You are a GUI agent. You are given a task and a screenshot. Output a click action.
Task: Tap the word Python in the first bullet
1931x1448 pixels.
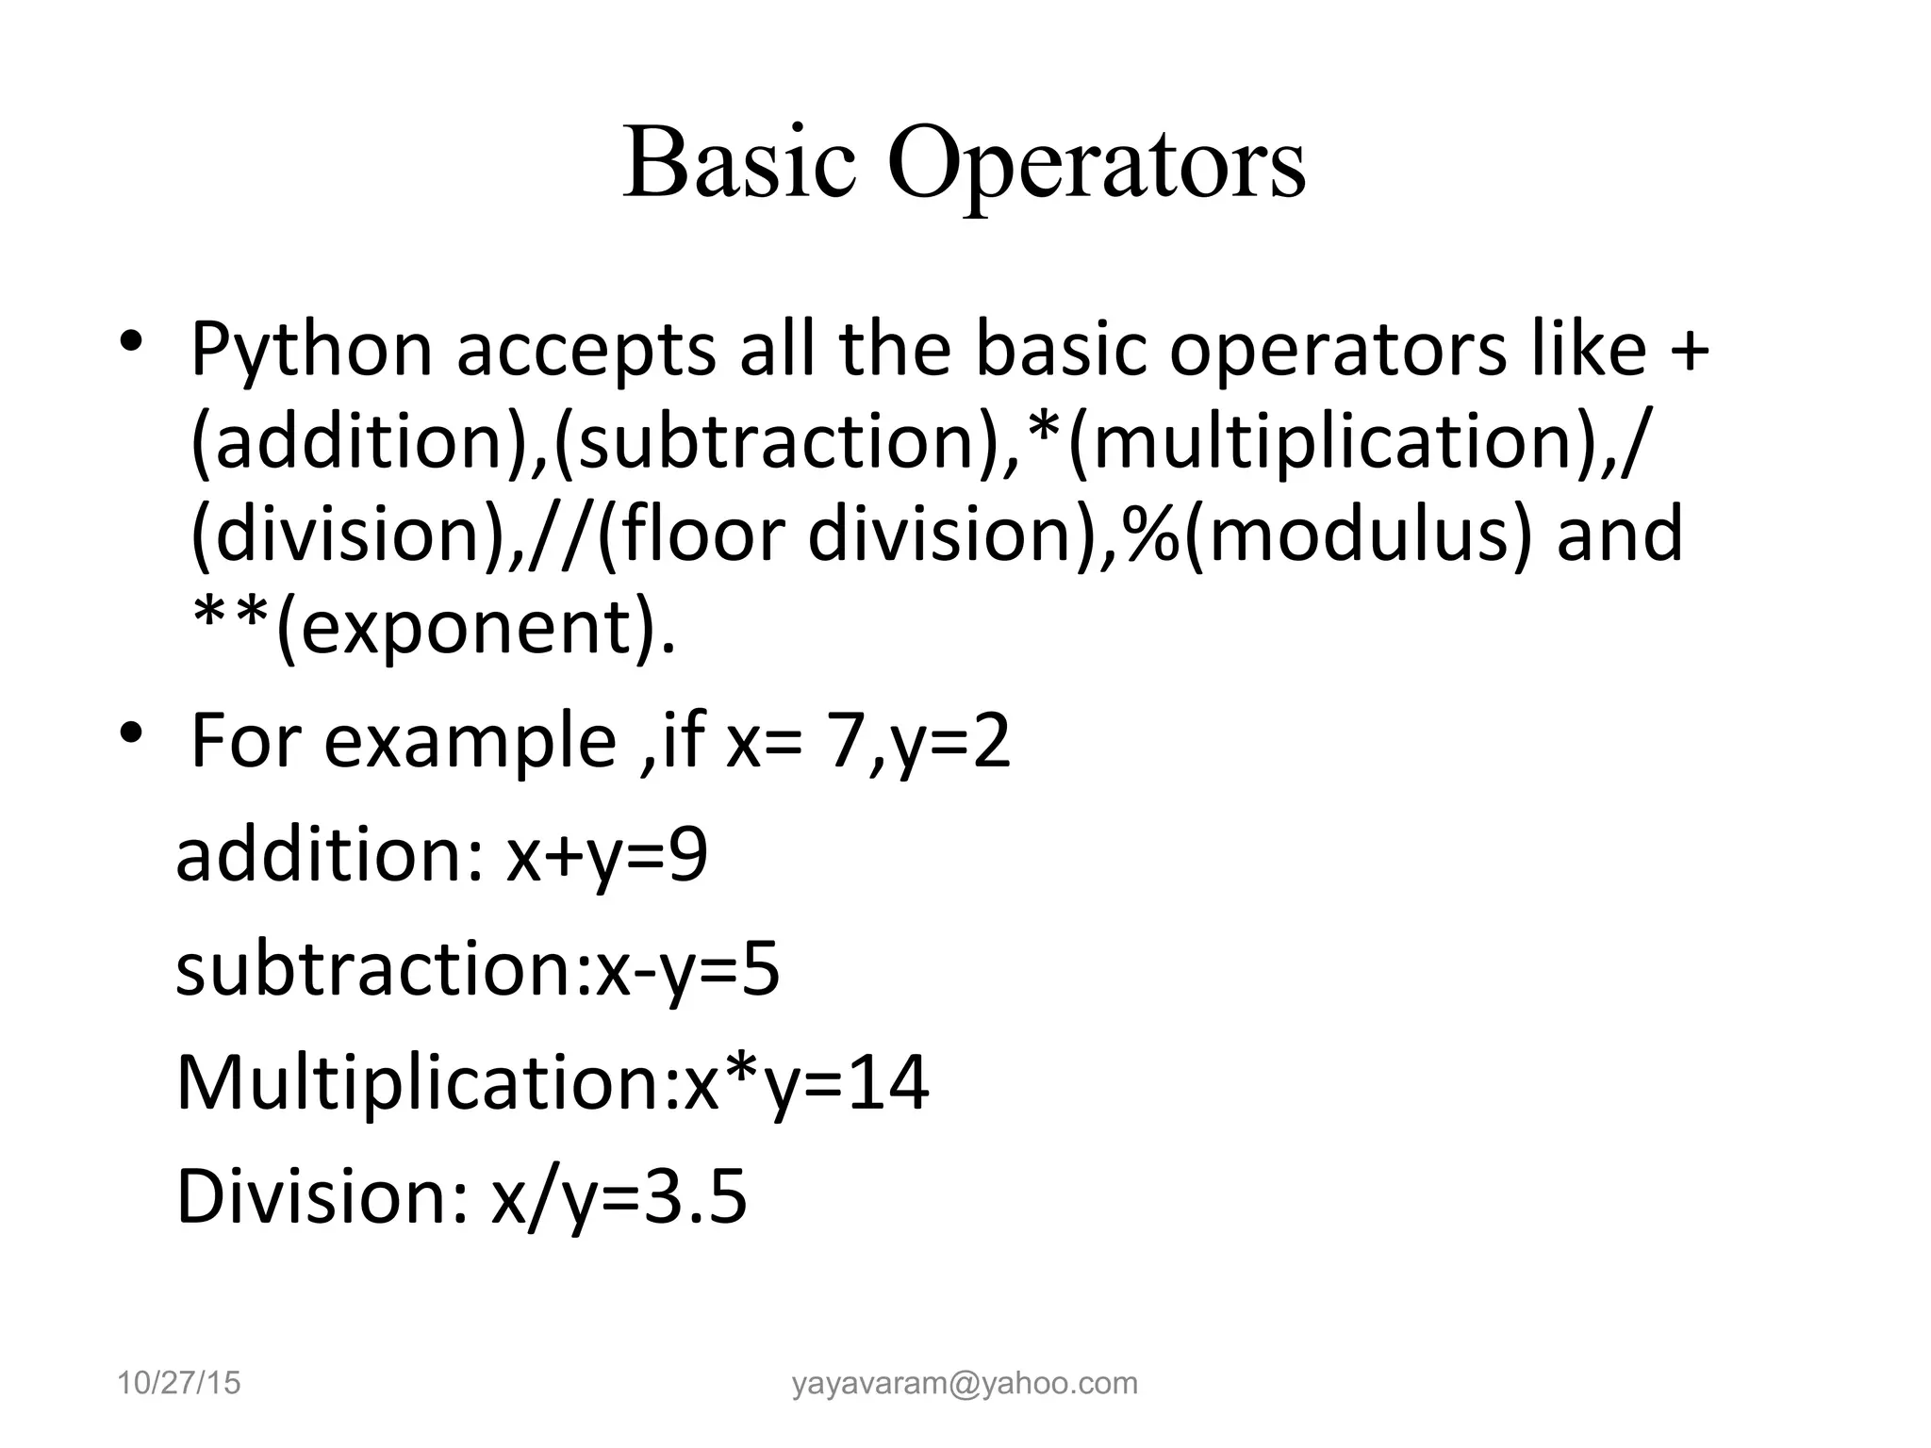point(311,352)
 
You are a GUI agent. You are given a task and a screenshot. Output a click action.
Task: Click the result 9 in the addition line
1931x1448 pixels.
point(689,856)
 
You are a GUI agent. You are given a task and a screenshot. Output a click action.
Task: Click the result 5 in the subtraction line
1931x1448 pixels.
point(761,970)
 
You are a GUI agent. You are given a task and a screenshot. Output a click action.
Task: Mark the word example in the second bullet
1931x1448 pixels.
point(470,742)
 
